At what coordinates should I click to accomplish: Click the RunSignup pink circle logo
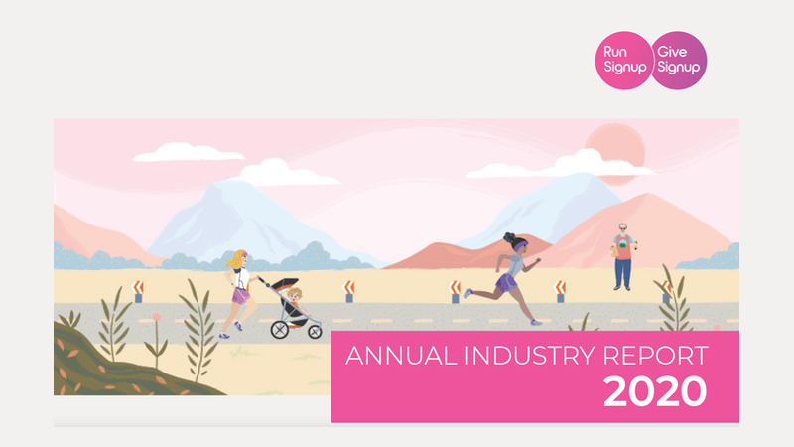click(x=624, y=61)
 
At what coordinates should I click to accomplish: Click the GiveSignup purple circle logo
click(x=679, y=61)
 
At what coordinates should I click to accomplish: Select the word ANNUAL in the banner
click(x=401, y=356)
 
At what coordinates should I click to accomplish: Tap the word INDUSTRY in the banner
click(x=530, y=356)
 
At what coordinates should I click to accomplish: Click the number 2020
click(x=655, y=391)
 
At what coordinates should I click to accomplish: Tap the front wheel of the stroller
click(x=315, y=332)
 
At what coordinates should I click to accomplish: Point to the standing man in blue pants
click(x=623, y=256)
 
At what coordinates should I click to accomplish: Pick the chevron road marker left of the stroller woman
click(x=138, y=291)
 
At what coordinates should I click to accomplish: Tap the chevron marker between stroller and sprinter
click(x=349, y=291)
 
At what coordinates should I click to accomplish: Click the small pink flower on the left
click(x=157, y=317)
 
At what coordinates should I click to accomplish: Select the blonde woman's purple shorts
click(x=240, y=295)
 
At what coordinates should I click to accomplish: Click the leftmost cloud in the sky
click(x=188, y=152)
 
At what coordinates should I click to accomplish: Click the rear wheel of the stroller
click(x=280, y=330)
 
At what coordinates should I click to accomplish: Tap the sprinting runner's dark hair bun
click(x=509, y=237)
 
